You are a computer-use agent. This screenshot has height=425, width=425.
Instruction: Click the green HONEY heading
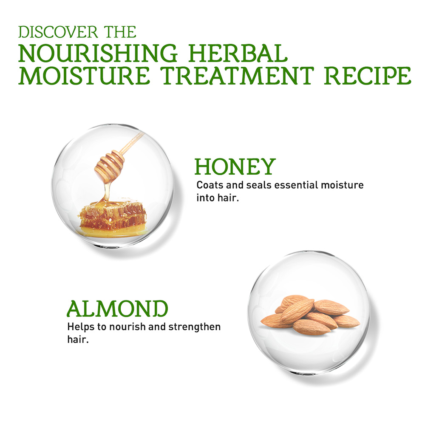pyautogui.click(x=235, y=167)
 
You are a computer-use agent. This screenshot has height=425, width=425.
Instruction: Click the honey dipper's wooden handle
pyautogui.click(x=131, y=144)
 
